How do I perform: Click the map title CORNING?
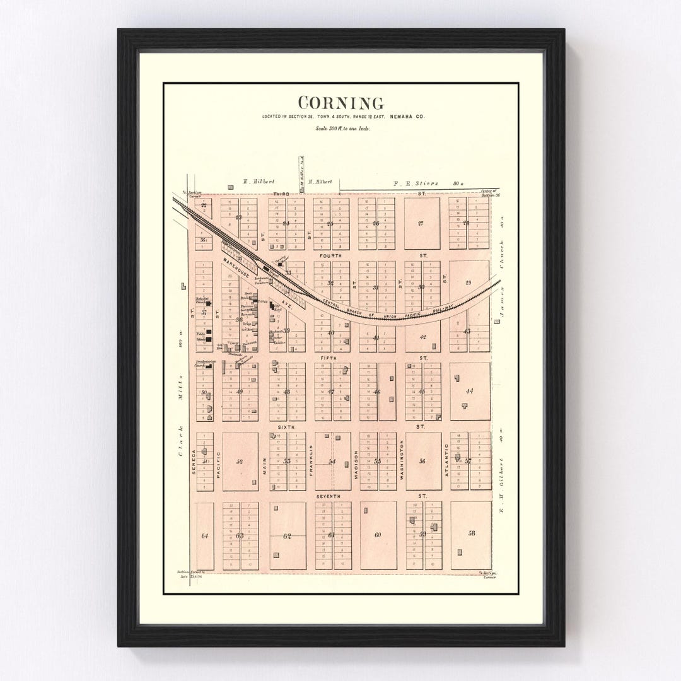tap(340, 103)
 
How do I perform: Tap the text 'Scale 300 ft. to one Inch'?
tap(340, 129)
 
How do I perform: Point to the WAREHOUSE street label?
tap(235, 267)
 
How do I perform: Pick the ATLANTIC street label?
tap(446, 460)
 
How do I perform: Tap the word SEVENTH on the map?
tap(328, 496)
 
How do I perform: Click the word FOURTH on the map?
tap(330, 256)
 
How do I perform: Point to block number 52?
tap(239, 462)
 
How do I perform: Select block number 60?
tap(378, 535)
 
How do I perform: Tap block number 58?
tap(471, 533)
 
